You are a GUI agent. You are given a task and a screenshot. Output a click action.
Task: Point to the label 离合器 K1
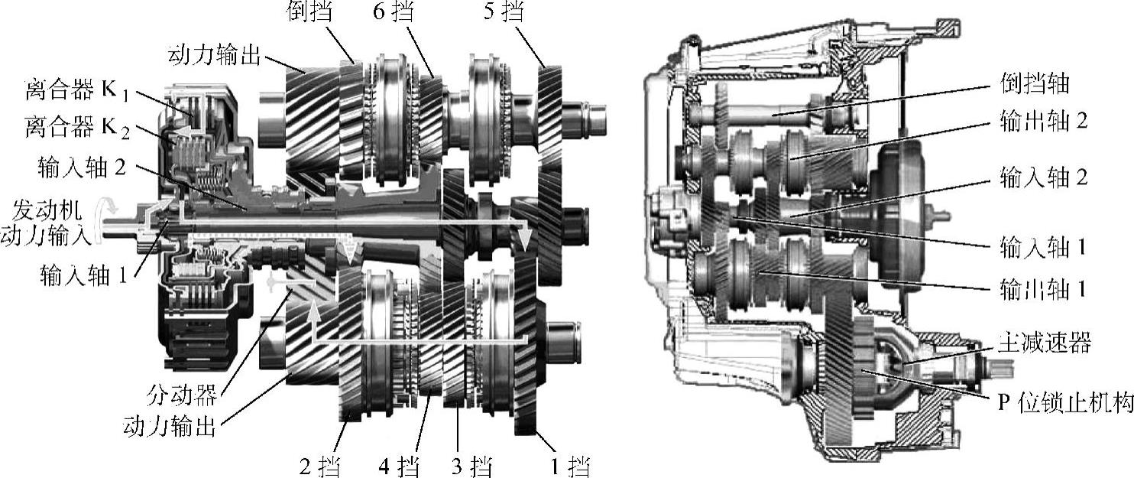click(77, 91)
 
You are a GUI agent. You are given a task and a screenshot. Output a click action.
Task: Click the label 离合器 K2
click(77, 127)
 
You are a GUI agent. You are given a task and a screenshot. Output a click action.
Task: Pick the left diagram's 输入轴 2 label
click(82, 167)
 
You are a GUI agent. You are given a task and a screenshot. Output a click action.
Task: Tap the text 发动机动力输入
click(46, 223)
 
